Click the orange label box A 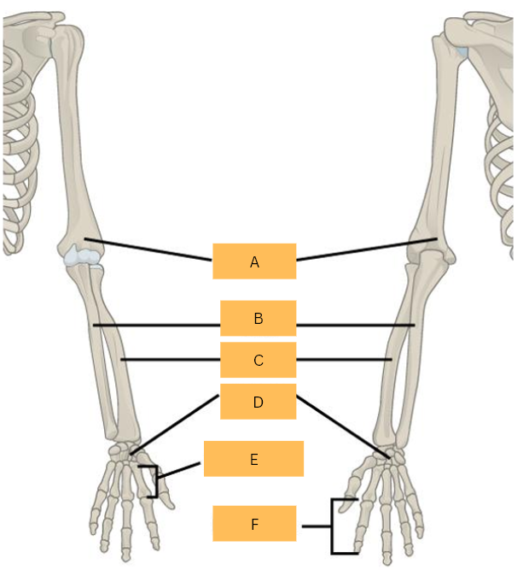click(x=254, y=261)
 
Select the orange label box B click(x=258, y=318)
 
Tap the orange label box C click(x=258, y=360)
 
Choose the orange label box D click(x=258, y=402)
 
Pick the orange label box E click(x=253, y=459)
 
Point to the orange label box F click(x=254, y=524)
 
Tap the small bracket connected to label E click(x=154, y=480)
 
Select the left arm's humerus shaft click(x=73, y=145)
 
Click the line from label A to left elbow click(x=149, y=249)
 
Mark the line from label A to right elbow click(x=367, y=249)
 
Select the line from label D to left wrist click(x=175, y=423)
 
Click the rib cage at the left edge click(x=17, y=145)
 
